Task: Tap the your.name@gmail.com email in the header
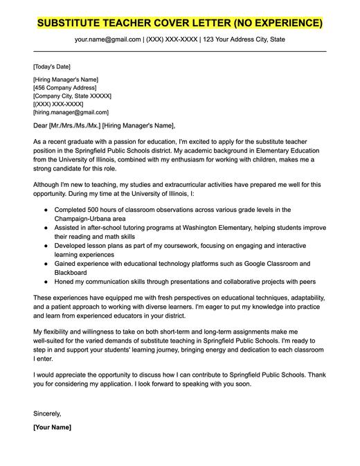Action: [106, 39]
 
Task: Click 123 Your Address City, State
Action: [243, 39]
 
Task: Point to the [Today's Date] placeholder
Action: [52, 66]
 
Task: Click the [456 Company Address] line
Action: [66, 88]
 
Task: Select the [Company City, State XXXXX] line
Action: [72, 96]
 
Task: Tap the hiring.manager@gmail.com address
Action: [71, 111]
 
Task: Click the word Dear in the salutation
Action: [40, 125]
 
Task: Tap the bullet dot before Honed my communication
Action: [46, 282]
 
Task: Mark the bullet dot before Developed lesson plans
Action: [46, 245]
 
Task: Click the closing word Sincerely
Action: [47, 413]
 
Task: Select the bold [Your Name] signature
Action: [52, 427]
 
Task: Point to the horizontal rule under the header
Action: [179, 51]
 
